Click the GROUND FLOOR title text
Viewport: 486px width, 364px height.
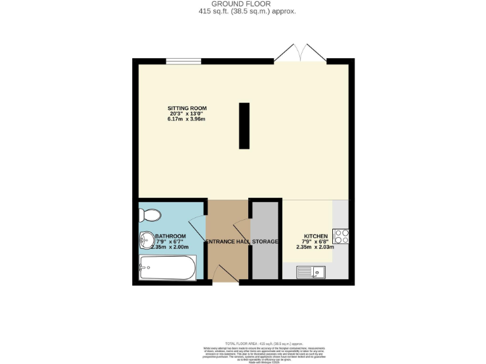(x=243, y=4)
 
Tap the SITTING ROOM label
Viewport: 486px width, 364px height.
(x=183, y=107)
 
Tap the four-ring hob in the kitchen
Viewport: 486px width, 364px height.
(x=341, y=236)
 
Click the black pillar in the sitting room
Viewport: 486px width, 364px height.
(x=244, y=126)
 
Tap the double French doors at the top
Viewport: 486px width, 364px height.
(x=300, y=52)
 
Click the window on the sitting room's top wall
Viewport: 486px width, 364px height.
(x=184, y=61)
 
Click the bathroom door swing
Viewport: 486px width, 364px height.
(x=198, y=226)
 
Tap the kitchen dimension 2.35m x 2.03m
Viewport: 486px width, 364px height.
(x=314, y=247)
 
